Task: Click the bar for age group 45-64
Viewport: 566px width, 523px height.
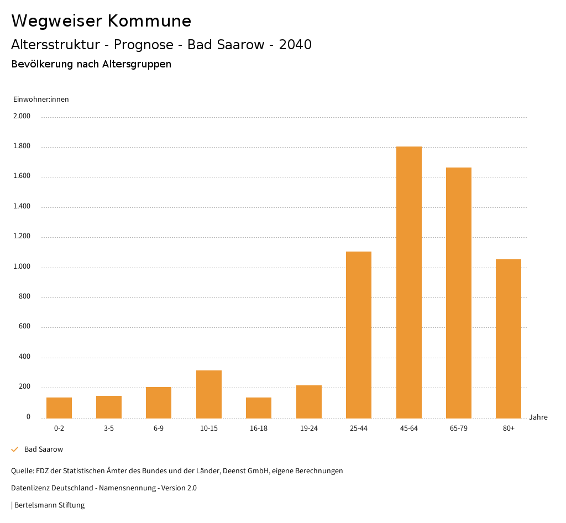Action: [408, 282]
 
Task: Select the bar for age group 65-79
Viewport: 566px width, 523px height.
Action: [459, 292]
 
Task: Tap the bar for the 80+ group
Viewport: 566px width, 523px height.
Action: [509, 338]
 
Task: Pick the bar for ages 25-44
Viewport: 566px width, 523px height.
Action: [359, 334]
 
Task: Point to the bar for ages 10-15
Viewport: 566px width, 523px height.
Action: [209, 394]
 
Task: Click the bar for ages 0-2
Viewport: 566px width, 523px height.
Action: [59, 407]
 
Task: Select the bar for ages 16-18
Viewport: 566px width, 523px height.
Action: [259, 407]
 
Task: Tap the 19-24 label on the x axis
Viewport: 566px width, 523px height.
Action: [308, 428]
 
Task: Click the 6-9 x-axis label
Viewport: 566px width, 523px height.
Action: [159, 428]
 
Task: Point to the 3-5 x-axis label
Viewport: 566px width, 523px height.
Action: [109, 428]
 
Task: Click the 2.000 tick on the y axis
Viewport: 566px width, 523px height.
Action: [23, 117]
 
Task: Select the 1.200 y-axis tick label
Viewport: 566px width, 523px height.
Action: [23, 237]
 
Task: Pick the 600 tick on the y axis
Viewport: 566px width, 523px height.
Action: [24, 327]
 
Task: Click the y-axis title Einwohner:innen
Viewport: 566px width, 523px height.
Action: [41, 100]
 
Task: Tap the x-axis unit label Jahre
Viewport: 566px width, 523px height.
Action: [538, 417]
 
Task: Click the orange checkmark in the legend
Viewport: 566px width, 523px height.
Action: [15, 449]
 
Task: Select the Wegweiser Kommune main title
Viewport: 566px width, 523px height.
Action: [101, 21]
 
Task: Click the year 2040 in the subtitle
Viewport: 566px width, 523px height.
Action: [295, 45]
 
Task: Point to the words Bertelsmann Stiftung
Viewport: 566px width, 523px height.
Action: [50, 505]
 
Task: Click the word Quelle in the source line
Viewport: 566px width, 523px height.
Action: [22, 471]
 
